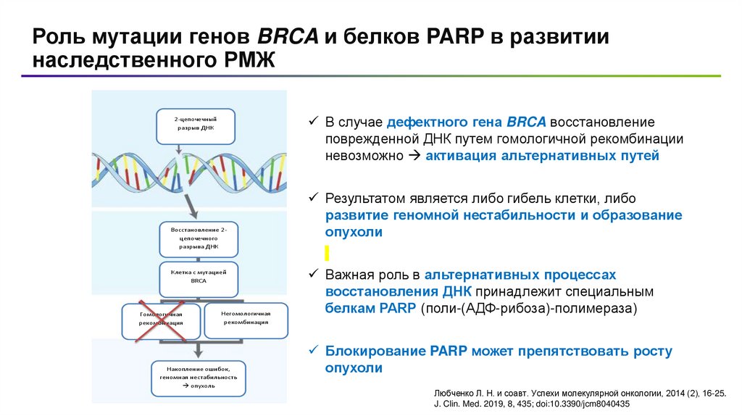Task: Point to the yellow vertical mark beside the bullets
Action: (327, 253)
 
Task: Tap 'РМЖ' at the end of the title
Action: (246, 61)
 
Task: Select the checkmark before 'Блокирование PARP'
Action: (313, 351)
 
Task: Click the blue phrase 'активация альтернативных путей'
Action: (542, 156)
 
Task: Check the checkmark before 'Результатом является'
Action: (313, 197)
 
